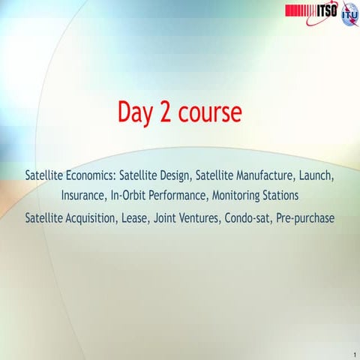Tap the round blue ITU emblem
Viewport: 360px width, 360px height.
click(349, 15)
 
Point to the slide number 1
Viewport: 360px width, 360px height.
click(352, 352)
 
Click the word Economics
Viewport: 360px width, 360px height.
click(90, 175)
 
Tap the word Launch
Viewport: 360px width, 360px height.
click(315, 175)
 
